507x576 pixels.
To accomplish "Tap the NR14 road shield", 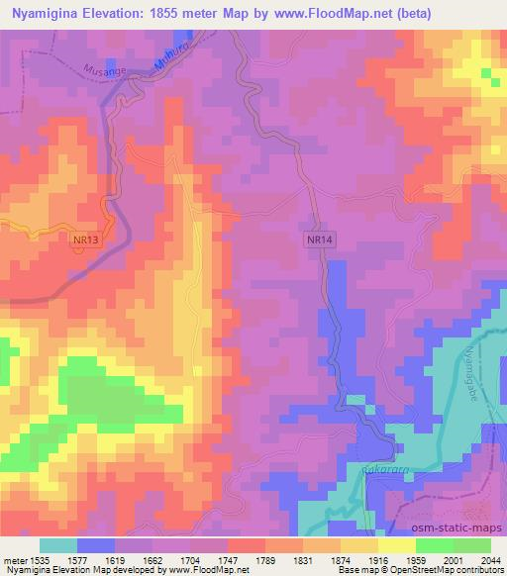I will point(317,240).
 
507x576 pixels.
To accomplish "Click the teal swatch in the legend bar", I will point(59,544).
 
